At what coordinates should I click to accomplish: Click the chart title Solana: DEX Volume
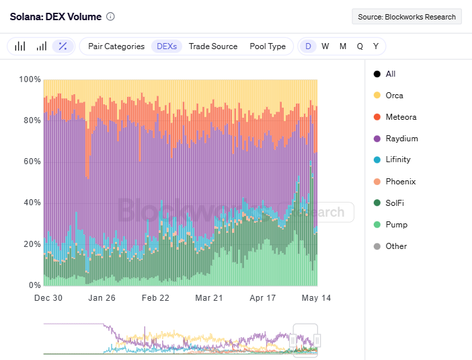click(x=55, y=16)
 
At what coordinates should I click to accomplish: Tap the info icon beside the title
click(x=111, y=16)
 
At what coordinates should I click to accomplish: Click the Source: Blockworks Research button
click(x=406, y=17)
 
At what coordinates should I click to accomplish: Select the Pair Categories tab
click(x=116, y=46)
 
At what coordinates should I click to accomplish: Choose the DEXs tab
click(x=166, y=46)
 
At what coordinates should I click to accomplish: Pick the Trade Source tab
click(x=212, y=46)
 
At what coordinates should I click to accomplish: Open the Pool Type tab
click(x=267, y=46)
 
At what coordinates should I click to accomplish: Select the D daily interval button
click(x=308, y=46)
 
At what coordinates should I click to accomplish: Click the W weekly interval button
click(x=325, y=46)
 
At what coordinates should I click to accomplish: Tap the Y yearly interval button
click(x=376, y=46)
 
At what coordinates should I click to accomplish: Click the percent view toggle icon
click(x=63, y=46)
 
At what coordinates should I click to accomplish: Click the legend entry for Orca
click(x=394, y=96)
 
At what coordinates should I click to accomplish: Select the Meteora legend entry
click(x=401, y=117)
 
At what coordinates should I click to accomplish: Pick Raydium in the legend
click(x=401, y=139)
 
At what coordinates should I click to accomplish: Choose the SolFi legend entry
click(x=395, y=203)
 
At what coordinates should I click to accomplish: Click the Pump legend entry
click(x=396, y=225)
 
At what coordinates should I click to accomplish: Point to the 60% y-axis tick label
click(x=29, y=162)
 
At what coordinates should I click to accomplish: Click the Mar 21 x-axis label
click(x=208, y=297)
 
